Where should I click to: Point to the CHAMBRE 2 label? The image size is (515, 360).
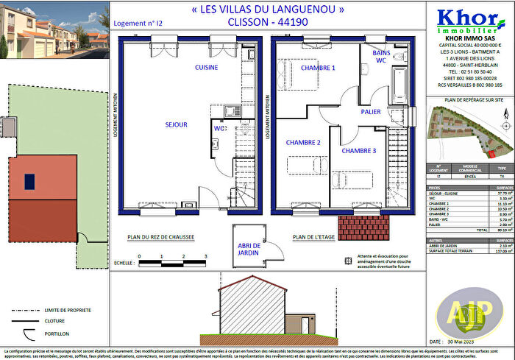click(x=303, y=142)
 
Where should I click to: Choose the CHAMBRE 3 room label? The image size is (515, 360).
click(x=359, y=151)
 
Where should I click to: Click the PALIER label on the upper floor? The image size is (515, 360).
click(x=371, y=112)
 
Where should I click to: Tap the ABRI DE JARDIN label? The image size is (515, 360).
click(x=250, y=250)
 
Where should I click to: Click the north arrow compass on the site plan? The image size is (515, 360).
click(x=506, y=114)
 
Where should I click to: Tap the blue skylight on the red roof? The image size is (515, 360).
click(x=29, y=180)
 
